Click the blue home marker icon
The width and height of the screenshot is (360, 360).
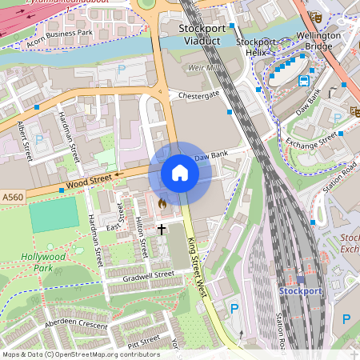click(180, 173)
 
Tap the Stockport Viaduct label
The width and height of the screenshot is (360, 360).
click(202, 34)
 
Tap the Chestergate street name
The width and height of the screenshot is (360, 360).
click(198, 94)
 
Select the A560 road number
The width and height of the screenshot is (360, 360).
click(12, 197)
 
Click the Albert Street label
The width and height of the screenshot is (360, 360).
click(23, 141)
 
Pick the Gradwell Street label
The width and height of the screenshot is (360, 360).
click(149, 275)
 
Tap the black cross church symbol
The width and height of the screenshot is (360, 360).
click(162, 229)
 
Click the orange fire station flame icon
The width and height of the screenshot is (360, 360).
click(162, 204)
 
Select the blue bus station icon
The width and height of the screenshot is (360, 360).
click(304, 80)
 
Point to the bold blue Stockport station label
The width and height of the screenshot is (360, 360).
click(299, 291)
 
